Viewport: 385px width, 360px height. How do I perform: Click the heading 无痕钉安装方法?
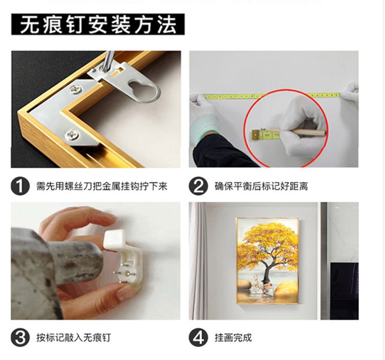tap(98, 25)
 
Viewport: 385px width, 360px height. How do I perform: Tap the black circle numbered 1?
tap(20, 186)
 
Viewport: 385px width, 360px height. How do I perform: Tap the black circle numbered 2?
tap(198, 186)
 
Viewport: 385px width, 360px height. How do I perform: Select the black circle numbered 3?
tap(20, 337)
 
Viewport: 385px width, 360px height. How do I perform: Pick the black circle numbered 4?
tap(198, 337)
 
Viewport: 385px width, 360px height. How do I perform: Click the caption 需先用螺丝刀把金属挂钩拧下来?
tap(102, 186)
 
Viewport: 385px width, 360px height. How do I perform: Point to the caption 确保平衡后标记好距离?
tap(261, 186)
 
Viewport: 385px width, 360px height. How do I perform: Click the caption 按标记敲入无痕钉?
tap(73, 337)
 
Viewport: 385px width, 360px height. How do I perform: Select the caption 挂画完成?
tap(233, 337)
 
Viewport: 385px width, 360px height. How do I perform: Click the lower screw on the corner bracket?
tap(71, 135)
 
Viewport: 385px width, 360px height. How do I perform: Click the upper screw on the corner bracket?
tap(76, 89)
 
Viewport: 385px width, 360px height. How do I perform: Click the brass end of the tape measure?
tap(255, 135)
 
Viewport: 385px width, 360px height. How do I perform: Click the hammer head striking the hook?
tap(73, 260)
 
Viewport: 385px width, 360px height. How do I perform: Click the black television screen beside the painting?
tap(344, 291)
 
